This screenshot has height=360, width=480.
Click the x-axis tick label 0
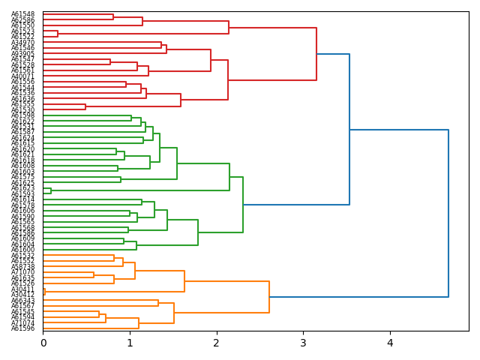pyautogui.click(x=43, y=343)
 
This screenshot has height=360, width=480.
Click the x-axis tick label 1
pyautogui.click(x=130, y=343)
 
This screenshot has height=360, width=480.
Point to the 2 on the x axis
pyautogui.click(x=217, y=343)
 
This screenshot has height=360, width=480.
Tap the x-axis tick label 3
pyautogui.click(x=303, y=343)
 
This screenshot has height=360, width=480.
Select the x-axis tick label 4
pyautogui.click(x=390, y=343)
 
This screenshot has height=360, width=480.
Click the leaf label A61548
pyautogui.click(x=22, y=14)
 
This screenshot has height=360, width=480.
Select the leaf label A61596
pyautogui.click(x=22, y=328)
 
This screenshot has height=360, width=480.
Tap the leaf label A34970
pyautogui.click(x=22, y=43)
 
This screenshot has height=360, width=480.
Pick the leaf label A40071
pyautogui.click(x=22, y=76)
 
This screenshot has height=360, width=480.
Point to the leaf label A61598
pyautogui.click(x=22, y=115)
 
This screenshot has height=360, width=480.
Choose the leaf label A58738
pyautogui.click(x=22, y=267)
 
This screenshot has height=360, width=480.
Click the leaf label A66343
pyautogui.click(x=22, y=301)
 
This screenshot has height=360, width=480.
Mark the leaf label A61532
pyautogui.click(x=22, y=256)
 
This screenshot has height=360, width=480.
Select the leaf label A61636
pyautogui.click(x=22, y=98)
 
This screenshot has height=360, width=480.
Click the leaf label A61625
pyautogui.click(x=22, y=183)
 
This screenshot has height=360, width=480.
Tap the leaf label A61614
pyautogui.click(x=22, y=199)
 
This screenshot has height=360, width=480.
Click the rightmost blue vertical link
pyautogui.click(x=448, y=213)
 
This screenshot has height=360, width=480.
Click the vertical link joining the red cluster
pyautogui.click(x=316, y=54)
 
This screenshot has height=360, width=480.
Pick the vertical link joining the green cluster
pyautogui.click(x=243, y=205)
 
